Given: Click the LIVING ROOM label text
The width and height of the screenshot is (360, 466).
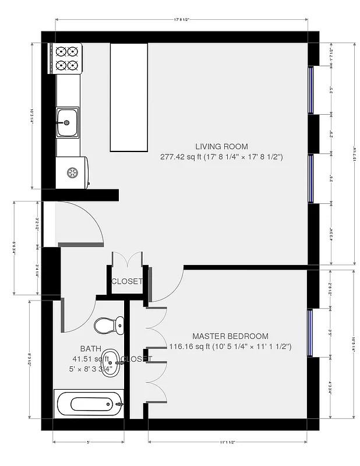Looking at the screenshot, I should click(221, 147).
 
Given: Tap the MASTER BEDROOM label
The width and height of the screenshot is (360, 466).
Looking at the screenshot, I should click(230, 336).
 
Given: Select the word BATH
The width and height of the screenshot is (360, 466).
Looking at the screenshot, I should click(90, 348).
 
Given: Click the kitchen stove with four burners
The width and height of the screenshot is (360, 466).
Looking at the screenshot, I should click(67, 58).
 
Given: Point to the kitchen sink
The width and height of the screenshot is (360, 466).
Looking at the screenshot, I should click(67, 122).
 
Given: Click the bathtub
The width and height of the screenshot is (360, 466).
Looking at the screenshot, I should click(89, 403).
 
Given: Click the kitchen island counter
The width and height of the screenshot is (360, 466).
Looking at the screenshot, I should click(128, 97).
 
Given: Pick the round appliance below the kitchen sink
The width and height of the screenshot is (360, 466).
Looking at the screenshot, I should click(73, 173).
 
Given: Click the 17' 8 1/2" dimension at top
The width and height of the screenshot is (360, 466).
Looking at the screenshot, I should click(181, 20).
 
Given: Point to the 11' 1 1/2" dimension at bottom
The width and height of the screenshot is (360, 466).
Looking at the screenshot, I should click(227, 442).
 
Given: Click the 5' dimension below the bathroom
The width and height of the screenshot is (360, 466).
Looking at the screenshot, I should click(89, 442).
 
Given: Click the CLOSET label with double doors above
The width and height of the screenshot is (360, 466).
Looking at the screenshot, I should click(126, 281).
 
